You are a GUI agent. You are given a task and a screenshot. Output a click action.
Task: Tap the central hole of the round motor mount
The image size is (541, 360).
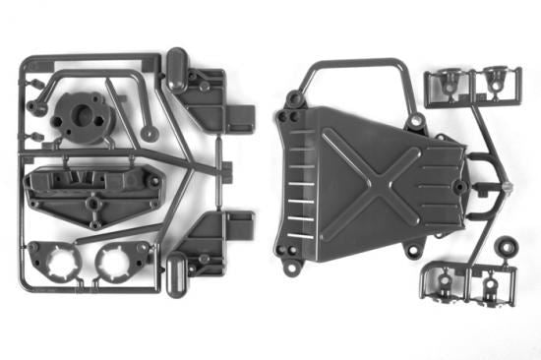(x=82, y=110)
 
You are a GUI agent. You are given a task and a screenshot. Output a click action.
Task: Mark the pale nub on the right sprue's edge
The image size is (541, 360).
(x=508, y=184)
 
